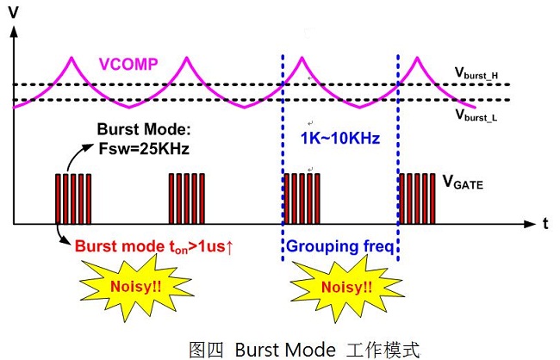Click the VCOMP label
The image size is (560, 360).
tap(128, 65)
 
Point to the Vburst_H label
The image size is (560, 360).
tap(476, 73)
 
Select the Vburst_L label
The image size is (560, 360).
tap(476, 115)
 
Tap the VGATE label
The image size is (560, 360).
tap(463, 182)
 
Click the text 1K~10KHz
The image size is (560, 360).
tap(340, 138)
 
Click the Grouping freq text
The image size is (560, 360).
tap(340, 246)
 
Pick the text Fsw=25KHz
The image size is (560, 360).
tap(144, 149)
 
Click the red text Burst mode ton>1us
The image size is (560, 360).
tap(154, 247)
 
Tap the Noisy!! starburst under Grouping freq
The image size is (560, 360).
tap(346, 288)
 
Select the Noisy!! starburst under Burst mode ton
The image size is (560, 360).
tap(136, 287)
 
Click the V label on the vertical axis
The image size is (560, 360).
tap(14, 13)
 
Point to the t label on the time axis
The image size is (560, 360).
tap(545, 224)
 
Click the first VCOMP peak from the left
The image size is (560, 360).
tap(72, 57)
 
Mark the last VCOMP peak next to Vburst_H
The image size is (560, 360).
tap(417, 57)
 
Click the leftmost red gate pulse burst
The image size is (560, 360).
tap(73, 199)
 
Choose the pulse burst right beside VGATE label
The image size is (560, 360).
tap(417, 199)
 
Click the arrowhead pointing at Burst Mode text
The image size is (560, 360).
tap(88, 146)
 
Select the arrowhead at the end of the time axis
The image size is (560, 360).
tap(530, 224)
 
